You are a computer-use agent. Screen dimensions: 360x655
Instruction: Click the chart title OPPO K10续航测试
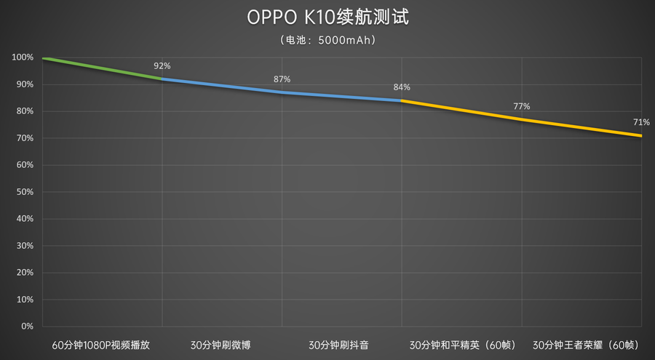[327, 17]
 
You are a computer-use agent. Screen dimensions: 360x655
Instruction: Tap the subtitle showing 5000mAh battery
[327, 41]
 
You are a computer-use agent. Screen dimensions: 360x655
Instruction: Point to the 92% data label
[162, 66]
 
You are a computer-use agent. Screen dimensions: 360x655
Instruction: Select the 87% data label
[282, 79]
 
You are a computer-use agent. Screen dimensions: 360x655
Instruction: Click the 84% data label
[402, 87]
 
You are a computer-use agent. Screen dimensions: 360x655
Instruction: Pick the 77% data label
[521, 106]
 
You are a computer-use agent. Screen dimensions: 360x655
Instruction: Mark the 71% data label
[641, 121]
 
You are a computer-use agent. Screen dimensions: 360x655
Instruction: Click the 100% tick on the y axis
[23, 57]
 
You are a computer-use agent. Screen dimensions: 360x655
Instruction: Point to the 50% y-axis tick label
[24, 192]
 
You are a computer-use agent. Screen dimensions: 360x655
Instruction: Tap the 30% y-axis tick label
[24, 246]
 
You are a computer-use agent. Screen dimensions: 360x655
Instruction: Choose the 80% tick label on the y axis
[24, 111]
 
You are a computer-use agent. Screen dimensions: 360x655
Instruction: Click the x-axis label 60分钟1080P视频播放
[101, 345]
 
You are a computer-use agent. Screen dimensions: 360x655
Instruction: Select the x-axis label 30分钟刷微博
[221, 345]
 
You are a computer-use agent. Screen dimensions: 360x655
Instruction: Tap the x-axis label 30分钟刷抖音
[341, 345]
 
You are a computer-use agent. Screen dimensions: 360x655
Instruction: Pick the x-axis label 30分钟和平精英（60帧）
[461, 345]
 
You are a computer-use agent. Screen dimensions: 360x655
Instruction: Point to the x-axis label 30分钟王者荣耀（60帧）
[581, 345]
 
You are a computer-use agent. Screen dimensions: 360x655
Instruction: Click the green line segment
[102, 68]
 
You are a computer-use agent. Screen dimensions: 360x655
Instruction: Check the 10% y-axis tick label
[24, 300]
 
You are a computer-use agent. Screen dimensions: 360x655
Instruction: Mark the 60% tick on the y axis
[24, 165]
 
